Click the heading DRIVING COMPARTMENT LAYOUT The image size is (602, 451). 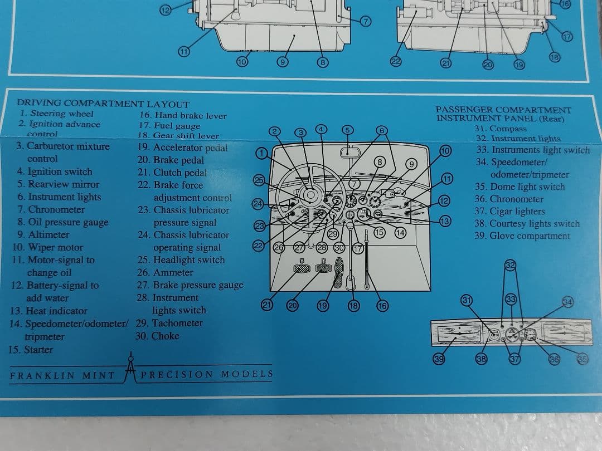[x=103, y=104]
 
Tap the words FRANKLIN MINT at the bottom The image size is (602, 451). [x=62, y=375]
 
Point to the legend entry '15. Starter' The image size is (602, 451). [x=31, y=350]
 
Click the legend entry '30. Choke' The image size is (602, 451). [x=158, y=336]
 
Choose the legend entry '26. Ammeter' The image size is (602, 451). [x=165, y=272]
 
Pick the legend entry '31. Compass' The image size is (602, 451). [x=500, y=129]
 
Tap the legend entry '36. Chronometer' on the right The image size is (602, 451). [x=509, y=199]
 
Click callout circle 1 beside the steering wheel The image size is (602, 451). [x=262, y=154]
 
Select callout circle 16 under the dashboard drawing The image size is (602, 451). [x=382, y=305]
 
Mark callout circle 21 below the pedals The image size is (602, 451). [x=267, y=305]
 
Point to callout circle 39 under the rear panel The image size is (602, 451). [x=439, y=359]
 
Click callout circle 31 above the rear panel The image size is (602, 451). [x=467, y=300]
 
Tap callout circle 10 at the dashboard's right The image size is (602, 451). [x=444, y=151]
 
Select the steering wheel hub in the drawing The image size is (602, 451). [x=308, y=194]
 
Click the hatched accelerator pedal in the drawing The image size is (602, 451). [x=338, y=274]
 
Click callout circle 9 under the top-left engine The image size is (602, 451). [x=283, y=62]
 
